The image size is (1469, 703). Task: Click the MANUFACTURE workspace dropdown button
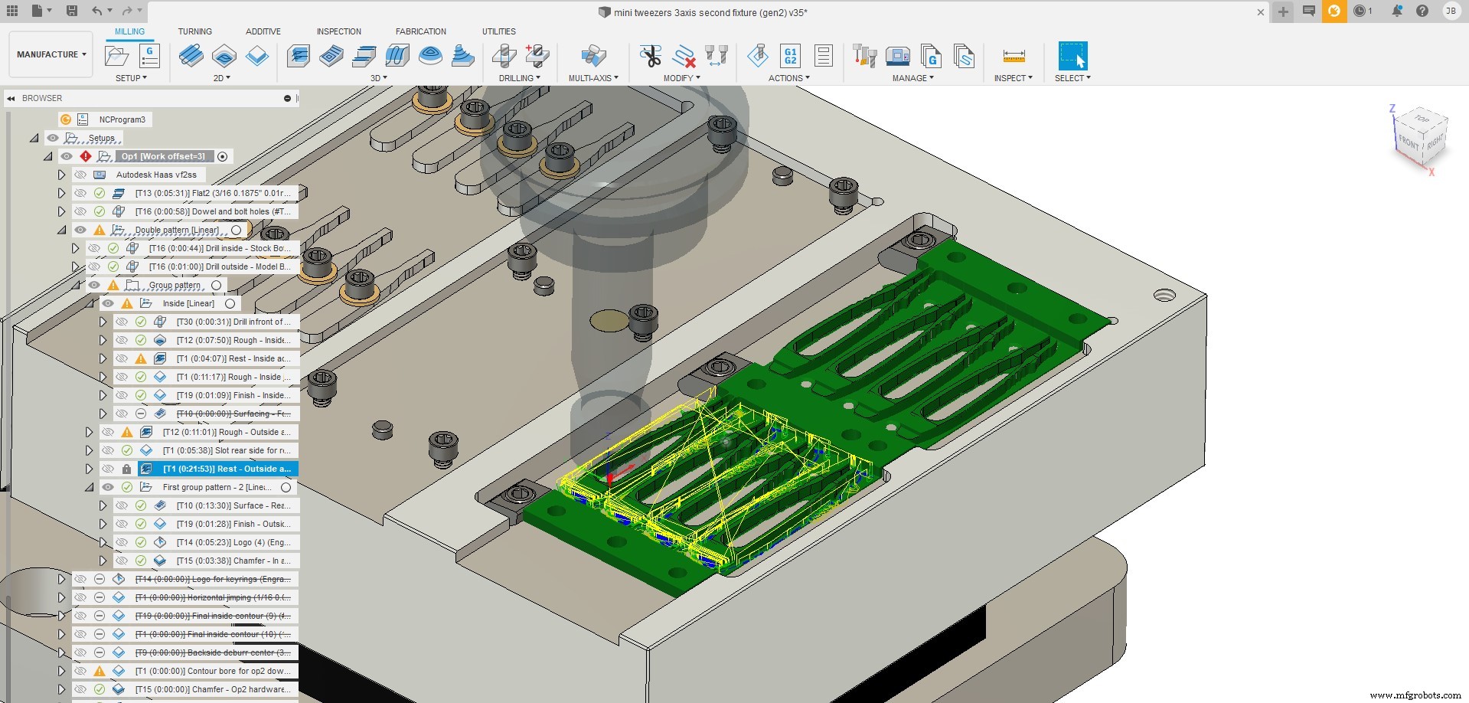pyautogui.click(x=51, y=54)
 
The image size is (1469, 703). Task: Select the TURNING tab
pyautogui.click(x=194, y=31)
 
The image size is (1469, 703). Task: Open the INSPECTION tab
pyautogui.click(x=338, y=31)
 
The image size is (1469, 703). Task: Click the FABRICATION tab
pyautogui.click(x=420, y=31)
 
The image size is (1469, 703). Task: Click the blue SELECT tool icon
pyautogui.click(x=1072, y=56)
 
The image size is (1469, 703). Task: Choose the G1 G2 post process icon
pyautogui.click(x=790, y=56)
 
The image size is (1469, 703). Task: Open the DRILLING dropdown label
pyautogui.click(x=519, y=78)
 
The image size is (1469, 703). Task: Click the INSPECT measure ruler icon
pyautogui.click(x=1014, y=56)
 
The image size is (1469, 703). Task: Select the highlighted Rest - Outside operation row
pyautogui.click(x=226, y=469)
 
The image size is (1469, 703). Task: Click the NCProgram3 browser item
pyautogui.click(x=122, y=119)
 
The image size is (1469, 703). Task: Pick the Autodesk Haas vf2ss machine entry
pyautogui.click(x=156, y=175)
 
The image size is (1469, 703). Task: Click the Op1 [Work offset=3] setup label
pyautogui.click(x=163, y=156)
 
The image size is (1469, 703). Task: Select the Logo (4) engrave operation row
pyautogui.click(x=233, y=542)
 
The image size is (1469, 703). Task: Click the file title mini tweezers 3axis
pyautogui.click(x=710, y=12)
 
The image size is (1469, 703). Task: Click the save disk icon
pyautogui.click(x=71, y=11)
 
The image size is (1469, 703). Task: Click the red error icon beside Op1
pyautogui.click(x=86, y=156)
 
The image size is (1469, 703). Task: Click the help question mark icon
pyautogui.click(x=1422, y=11)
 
